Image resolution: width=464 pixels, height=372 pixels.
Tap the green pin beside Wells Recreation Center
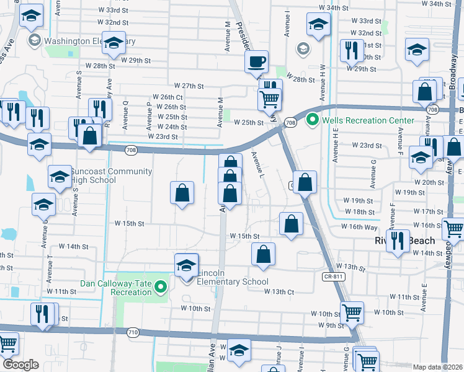click(313, 120)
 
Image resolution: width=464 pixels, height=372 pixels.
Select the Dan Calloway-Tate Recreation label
click(117, 288)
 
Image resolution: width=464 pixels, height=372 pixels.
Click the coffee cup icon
click(256, 61)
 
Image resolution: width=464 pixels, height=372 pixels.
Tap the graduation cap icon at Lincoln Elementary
click(186, 265)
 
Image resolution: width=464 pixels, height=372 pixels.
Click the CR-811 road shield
click(332, 277)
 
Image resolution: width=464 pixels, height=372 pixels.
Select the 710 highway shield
click(133, 332)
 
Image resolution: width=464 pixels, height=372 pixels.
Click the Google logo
click(20, 365)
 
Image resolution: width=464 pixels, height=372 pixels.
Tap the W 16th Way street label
click(360, 226)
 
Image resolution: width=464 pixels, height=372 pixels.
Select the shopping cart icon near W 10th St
click(352, 312)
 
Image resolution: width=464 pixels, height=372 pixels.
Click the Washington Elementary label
click(87, 42)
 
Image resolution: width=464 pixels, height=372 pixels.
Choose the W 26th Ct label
click(167, 97)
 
